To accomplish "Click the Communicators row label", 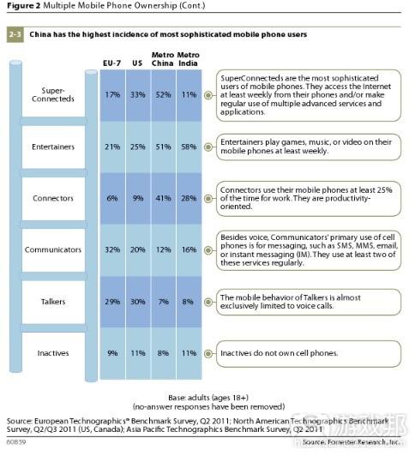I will [x=53, y=250].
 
